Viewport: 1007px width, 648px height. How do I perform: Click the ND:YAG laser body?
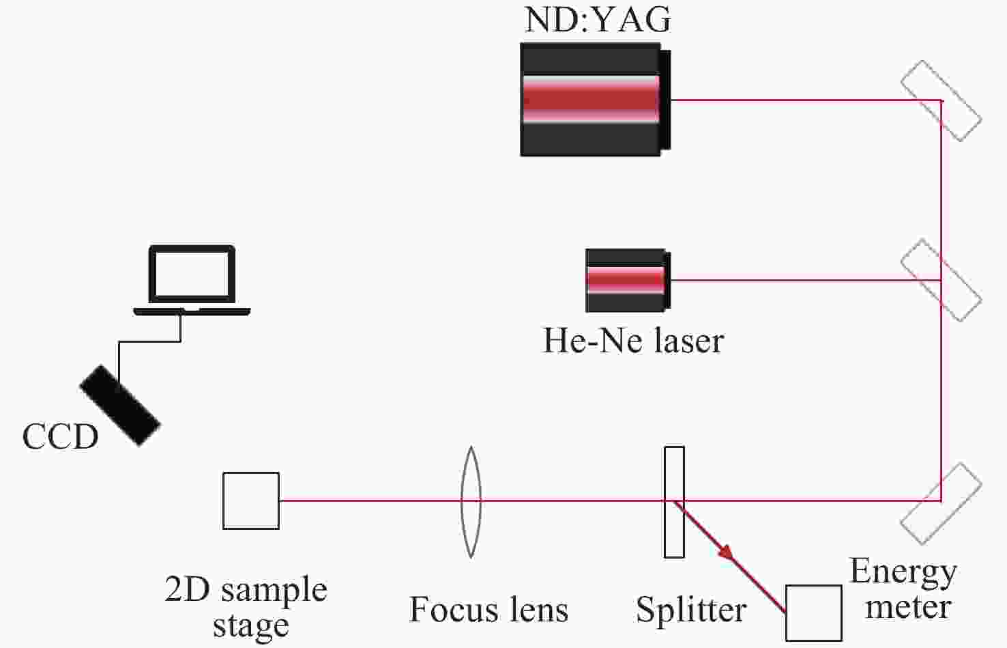click(x=591, y=100)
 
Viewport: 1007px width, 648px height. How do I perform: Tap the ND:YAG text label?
click(x=598, y=20)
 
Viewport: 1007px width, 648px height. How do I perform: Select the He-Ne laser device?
click(x=627, y=280)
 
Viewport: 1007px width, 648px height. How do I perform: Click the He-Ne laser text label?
click(x=632, y=340)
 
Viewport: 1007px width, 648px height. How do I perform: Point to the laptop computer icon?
click(x=192, y=280)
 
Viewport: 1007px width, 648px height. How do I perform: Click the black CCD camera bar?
click(x=120, y=406)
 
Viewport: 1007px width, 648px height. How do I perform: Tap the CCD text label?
click(x=60, y=437)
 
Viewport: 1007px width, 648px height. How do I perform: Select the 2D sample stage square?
click(x=251, y=501)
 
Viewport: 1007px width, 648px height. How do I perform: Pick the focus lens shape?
click(x=470, y=502)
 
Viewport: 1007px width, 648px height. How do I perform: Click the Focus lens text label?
click(x=488, y=610)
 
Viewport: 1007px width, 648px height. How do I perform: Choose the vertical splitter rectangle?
click(x=674, y=502)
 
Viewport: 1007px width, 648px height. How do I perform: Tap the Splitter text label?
click(x=691, y=610)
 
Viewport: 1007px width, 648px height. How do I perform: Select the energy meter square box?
click(x=813, y=612)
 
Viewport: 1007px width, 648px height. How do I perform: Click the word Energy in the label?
click(x=903, y=572)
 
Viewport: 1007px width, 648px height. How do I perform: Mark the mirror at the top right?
click(x=941, y=101)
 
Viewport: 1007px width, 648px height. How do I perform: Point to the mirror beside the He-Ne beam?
click(x=941, y=280)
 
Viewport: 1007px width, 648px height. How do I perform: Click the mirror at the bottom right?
click(x=941, y=503)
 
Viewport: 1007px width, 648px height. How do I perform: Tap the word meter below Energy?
click(x=908, y=607)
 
